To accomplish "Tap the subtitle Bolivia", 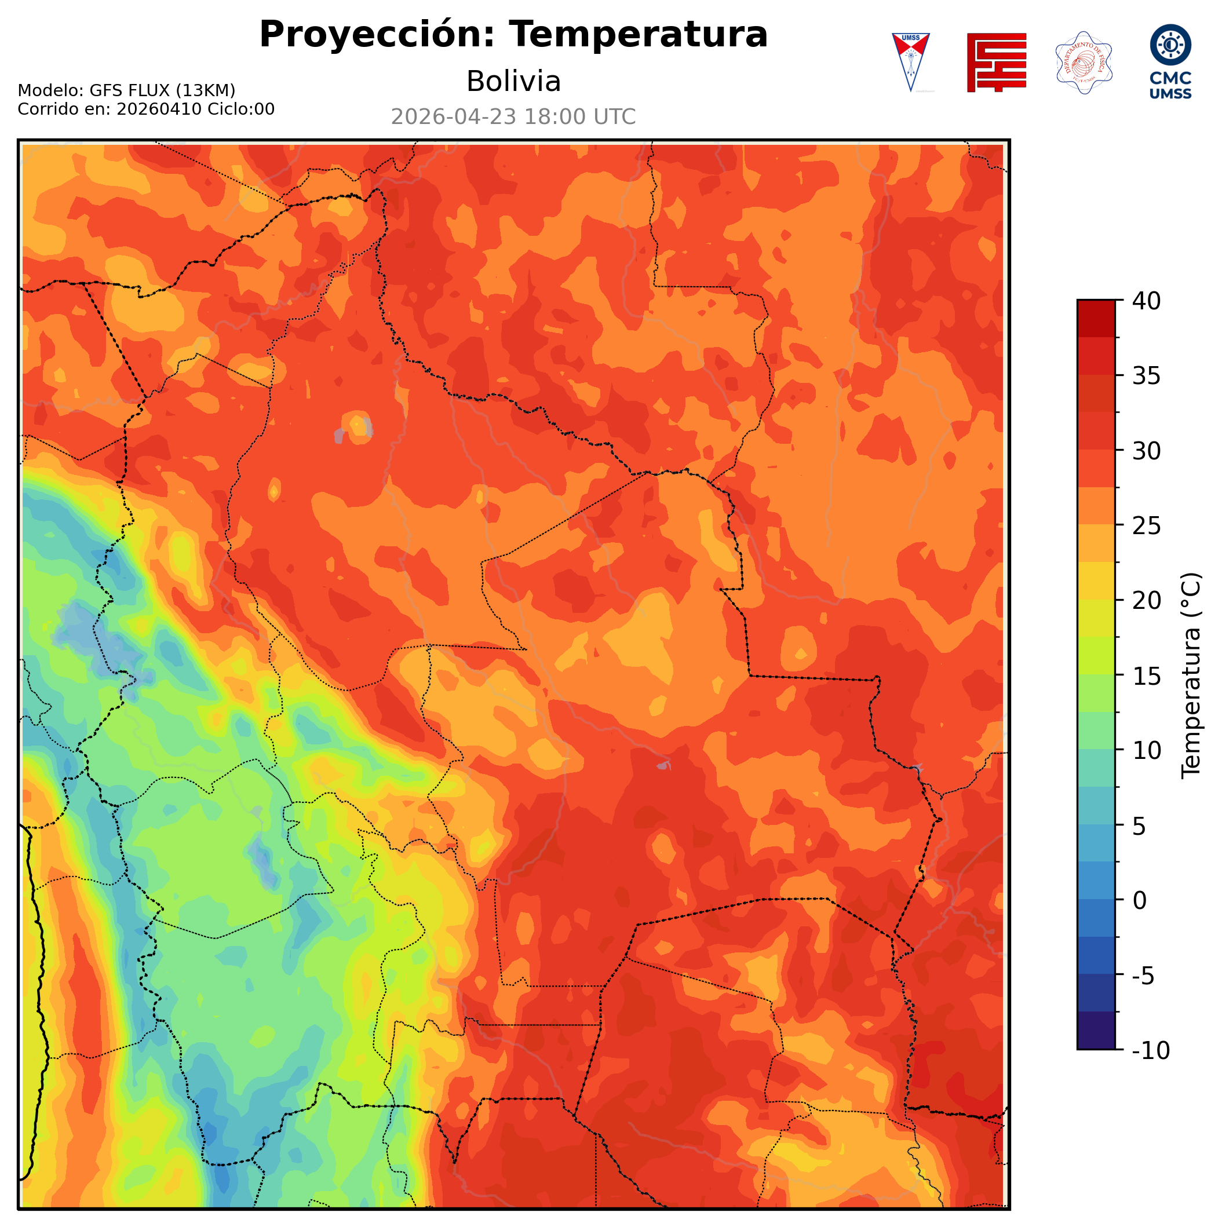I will [513, 81].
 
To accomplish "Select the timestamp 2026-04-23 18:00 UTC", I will [513, 117].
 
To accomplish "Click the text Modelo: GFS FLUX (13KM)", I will [126, 90].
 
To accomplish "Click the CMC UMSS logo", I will [1170, 61].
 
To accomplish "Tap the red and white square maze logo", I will [996, 62].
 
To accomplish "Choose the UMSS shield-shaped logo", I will [910, 61].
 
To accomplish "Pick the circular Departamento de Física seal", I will [1083, 62].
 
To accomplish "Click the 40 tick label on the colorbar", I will [1147, 301].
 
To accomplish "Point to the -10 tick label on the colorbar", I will [1150, 1050].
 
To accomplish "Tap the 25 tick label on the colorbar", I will [1147, 526].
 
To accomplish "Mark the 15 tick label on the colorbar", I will [1147, 675].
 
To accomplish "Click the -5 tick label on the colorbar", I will [1143, 976].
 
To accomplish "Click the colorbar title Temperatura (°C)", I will [1191, 675].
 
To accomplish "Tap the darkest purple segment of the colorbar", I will [1096, 1031].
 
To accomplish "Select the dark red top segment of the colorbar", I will [1096, 318].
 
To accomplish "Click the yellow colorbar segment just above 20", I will [1096, 580].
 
